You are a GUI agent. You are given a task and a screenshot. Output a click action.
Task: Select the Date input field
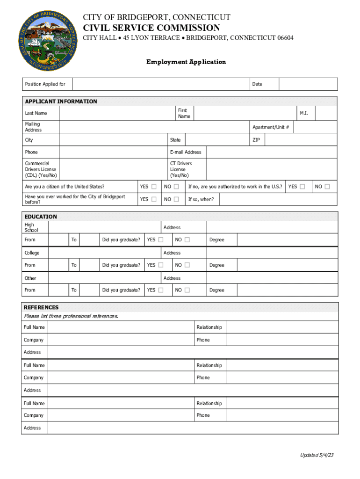pyautogui.click(x=308, y=84)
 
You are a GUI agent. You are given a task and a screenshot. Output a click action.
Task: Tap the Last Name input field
pyautogui.click(x=117, y=113)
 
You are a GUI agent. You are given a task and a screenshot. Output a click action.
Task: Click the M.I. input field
pyautogui.click(x=326, y=113)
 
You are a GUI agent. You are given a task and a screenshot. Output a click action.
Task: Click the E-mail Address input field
pyautogui.click(x=271, y=152)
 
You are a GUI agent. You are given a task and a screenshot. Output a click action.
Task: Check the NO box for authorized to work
pyautogui.click(x=327, y=187)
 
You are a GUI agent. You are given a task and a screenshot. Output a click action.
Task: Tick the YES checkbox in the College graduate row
pyautogui.click(x=161, y=265)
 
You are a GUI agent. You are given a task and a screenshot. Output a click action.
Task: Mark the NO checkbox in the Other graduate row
pyautogui.click(x=187, y=290)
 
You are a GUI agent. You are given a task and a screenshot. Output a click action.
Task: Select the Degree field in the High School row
pyautogui.click(x=287, y=240)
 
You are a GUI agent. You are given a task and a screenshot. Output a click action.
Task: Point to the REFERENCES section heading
pyautogui.click(x=41, y=307)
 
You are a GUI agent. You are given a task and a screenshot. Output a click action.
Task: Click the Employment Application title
pyautogui.click(x=186, y=62)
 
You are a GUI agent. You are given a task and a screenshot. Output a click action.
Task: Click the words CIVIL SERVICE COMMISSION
pyautogui.click(x=151, y=28)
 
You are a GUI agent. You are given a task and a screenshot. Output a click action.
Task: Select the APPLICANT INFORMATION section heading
pyautogui.click(x=61, y=102)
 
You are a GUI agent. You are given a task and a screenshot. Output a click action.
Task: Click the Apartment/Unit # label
pyautogui.click(x=270, y=127)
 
